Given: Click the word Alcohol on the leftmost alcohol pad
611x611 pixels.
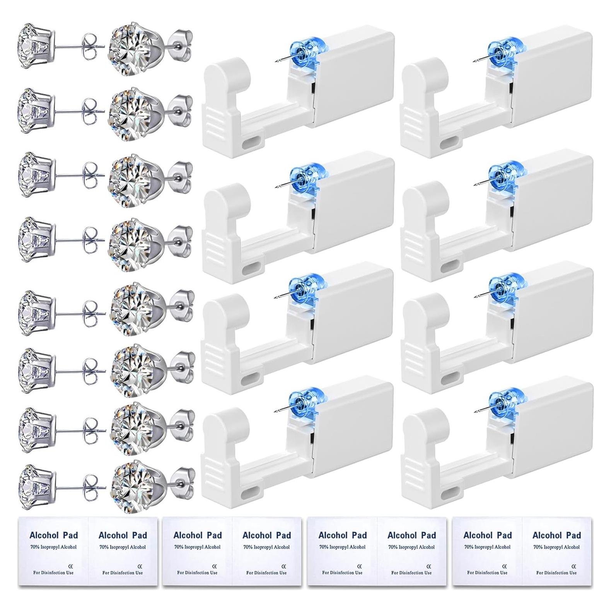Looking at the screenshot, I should (43, 535).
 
